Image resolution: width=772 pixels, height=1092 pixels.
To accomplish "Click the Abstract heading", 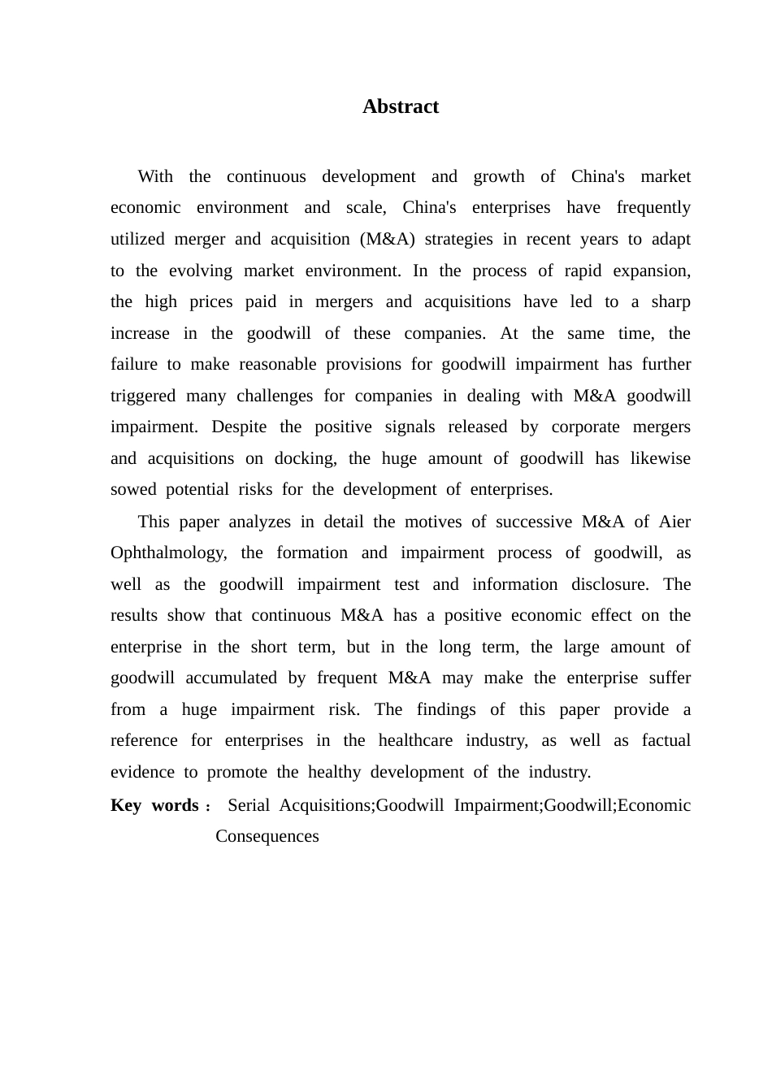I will pyautogui.click(x=400, y=106).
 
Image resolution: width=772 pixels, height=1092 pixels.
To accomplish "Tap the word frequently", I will pyautogui.click(x=653, y=207).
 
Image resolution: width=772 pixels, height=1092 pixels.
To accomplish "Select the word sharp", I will pyautogui.click(x=670, y=301).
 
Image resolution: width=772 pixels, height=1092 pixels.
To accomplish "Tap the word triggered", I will pyautogui.click(x=143, y=396).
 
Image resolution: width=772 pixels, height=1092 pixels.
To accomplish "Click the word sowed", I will pyautogui.click(x=133, y=489).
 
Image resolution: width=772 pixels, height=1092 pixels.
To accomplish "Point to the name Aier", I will pyautogui.click(x=674, y=522).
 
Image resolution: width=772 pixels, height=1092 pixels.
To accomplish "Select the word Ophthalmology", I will pyautogui.click(x=168, y=552).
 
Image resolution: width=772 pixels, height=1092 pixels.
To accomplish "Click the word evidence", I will pyautogui.click(x=142, y=772).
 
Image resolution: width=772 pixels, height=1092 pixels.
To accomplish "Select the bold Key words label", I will pyautogui.click(x=155, y=805).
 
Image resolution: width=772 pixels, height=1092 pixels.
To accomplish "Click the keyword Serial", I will pyautogui.click(x=248, y=805).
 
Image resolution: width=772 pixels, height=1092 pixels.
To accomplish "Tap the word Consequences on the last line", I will pyautogui.click(x=267, y=836).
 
